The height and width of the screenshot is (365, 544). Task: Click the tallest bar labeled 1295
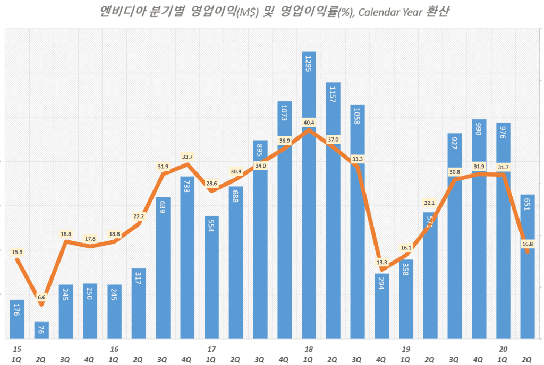point(309,212)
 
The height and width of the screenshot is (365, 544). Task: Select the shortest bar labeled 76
point(41,330)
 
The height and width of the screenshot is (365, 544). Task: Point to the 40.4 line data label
point(309,123)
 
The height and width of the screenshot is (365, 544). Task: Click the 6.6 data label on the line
point(41,297)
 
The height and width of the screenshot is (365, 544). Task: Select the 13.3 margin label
point(381,262)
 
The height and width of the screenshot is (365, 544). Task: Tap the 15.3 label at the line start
point(17,252)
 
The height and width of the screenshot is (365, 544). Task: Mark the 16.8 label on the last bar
point(528,244)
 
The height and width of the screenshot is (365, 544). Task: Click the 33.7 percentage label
point(187,157)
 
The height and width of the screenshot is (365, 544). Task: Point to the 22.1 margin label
point(430,203)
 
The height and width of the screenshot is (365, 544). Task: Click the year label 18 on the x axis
point(309,349)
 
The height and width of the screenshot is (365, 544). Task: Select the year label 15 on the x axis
point(17,349)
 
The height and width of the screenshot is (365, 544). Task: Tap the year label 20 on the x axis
point(503,349)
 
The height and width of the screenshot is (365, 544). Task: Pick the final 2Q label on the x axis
point(528,359)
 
